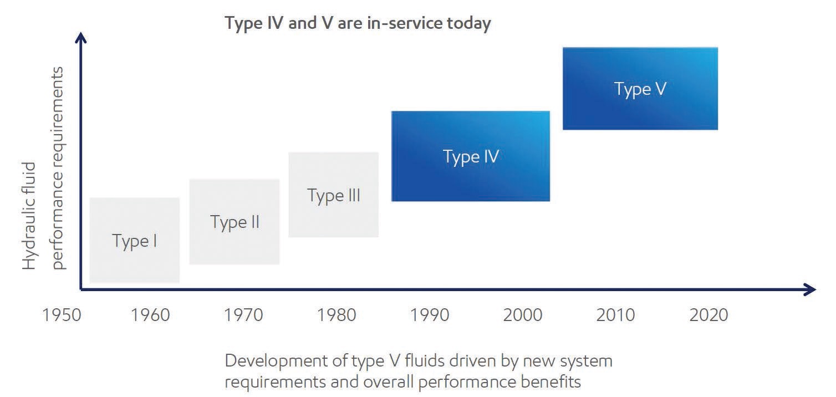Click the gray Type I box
click(x=134, y=240)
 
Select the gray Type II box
click(x=235, y=222)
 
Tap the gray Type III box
click(x=333, y=195)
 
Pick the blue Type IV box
click(x=471, y=156)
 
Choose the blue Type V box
click(x=640, y=88)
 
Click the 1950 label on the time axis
click(x=62, y=315)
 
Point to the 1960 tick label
click(x=150, y=315)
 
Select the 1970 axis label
click(x=243, y=315)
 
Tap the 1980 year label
click(x=337, y=315)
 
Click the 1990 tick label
click(x=430, y=315)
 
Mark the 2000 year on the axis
click(x=522, y=315)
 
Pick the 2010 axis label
click(x=615, y=315)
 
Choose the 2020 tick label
click(x=708, y=315)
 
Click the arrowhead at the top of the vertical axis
click(x=80, y=38)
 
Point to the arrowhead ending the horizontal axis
click(x=810, y=289)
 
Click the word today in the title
click(x=469, y=23)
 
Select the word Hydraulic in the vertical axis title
click(x=29, y=216)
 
